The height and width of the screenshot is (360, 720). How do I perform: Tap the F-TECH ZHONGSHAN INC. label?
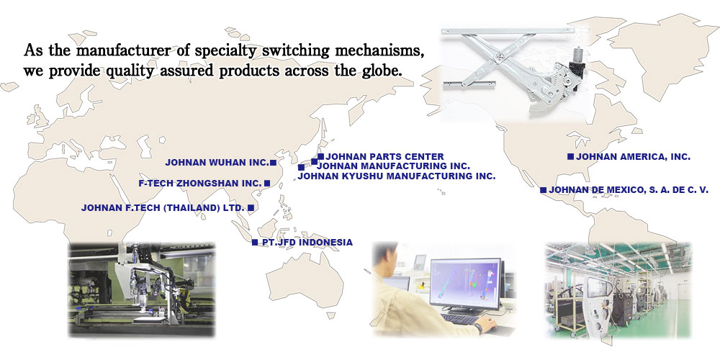(200, 184)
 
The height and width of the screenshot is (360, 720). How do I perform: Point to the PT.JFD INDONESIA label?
(307, 243)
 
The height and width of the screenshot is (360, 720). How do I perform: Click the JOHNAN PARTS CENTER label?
(384, 157)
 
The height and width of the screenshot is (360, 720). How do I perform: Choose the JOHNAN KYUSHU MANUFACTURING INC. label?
(397, 176)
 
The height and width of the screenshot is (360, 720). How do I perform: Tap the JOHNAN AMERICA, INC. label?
(633, 157)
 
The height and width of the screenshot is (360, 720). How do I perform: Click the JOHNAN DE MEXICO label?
(629, 189)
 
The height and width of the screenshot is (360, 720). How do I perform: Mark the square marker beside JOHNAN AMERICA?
(570, 156)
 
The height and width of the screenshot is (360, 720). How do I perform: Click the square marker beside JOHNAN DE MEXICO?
(543, 189)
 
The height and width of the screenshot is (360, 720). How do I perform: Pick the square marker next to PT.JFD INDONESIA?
(255, 242)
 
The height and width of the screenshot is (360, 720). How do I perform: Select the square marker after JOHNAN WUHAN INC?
(273, 163)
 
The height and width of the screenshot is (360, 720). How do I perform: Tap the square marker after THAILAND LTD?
(251, 207)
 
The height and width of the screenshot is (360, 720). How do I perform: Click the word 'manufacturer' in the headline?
(122, 50)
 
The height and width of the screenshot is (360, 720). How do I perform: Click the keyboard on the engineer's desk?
(461, 318)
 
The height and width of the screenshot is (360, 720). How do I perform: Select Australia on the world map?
(305, 280)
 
